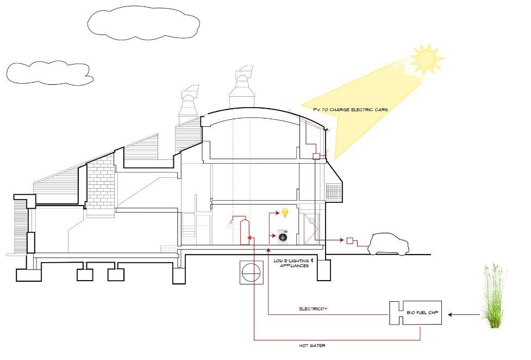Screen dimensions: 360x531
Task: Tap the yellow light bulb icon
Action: coord(284,213)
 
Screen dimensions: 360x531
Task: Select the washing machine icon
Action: coord(283,236)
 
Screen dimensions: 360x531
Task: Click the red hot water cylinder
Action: coord(245,232)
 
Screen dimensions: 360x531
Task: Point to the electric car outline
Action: coord(388,244)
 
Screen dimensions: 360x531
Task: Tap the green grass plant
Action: coord(494,296)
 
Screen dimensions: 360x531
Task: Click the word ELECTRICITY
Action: coord(313,309)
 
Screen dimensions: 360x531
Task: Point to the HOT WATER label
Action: coord(312,345)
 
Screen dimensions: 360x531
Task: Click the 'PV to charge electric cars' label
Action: coord(350,109)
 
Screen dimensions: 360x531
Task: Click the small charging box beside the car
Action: coord(350,240)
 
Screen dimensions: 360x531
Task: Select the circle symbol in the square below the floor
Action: coord(251,271)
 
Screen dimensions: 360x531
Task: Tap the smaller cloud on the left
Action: coord(49,73)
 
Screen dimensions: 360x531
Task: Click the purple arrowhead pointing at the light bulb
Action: coord(276,214)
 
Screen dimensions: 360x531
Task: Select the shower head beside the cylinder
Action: coord(232,221)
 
